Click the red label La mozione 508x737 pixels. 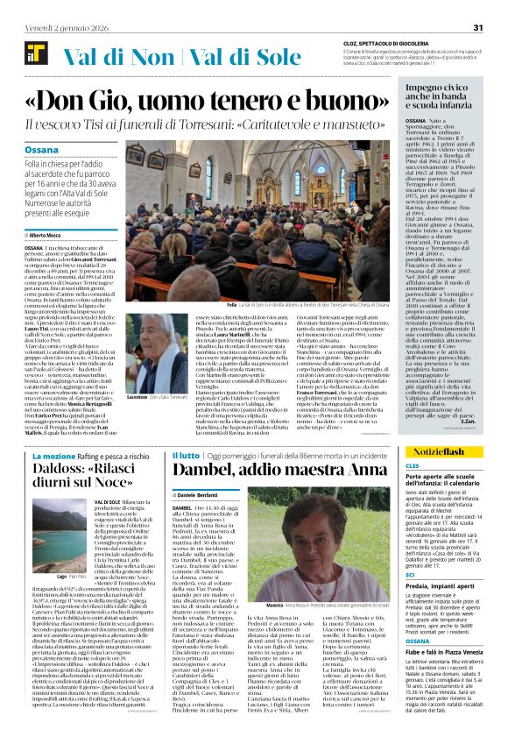pyautogui.click(x=50, y=457)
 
